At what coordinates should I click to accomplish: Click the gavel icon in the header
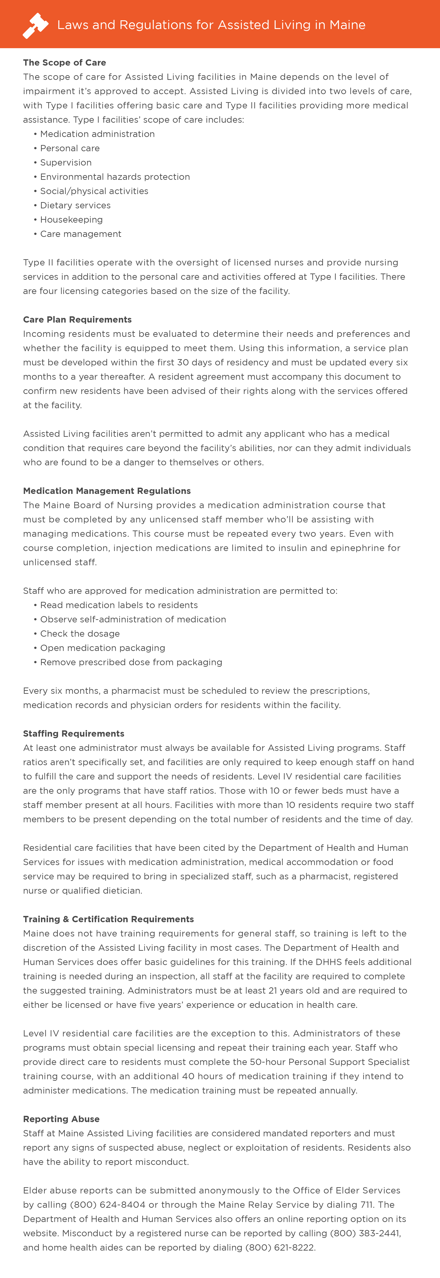[35, 25]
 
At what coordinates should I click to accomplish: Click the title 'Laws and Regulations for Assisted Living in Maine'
[211, 25]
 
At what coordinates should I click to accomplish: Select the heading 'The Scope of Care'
[64, 62]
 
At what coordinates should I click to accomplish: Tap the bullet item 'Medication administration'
[97, 134]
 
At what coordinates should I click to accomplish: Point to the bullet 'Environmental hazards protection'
[115, 177]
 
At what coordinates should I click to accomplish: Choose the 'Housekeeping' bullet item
[71, 219]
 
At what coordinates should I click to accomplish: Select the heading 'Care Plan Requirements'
[77, 319]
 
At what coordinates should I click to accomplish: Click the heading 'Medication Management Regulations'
[107, 491]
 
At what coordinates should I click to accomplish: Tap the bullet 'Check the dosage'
[80, 634]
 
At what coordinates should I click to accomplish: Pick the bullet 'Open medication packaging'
[103, 648]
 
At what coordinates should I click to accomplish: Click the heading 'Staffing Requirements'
[73, 733]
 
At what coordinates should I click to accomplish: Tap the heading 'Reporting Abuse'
[61, 1119]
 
